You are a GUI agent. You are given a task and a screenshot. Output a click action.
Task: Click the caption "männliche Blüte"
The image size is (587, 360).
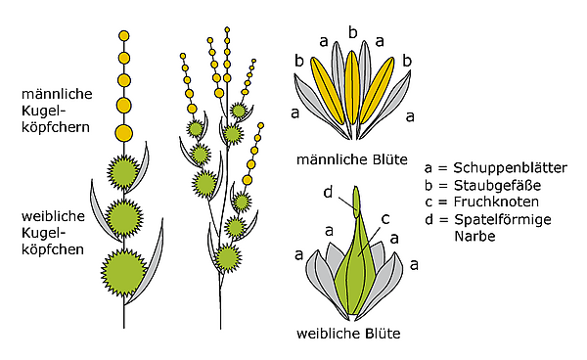pos(352,159)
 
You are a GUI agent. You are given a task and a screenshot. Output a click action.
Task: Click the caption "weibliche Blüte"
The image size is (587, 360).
pos(348,334)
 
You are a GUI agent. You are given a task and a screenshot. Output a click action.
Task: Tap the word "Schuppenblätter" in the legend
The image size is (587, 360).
pos(511,168)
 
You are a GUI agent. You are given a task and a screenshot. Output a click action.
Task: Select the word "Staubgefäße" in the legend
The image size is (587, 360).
pos(498,185)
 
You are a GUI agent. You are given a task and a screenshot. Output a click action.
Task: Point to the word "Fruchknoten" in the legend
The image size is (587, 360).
pos(496,202)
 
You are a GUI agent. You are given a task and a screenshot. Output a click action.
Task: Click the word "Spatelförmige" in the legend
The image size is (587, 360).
pos(503,219)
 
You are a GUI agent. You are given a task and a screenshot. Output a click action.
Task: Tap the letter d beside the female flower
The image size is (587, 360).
pos(328,192)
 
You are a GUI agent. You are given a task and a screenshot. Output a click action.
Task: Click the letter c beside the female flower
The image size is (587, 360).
pos(385,219)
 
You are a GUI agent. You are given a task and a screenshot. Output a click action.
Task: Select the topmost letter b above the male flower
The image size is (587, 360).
pos(352,32)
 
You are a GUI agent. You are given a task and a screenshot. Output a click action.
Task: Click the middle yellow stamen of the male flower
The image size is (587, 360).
pos(351,87)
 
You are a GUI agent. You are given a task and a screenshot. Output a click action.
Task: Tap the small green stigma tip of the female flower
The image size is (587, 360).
pos(356,202)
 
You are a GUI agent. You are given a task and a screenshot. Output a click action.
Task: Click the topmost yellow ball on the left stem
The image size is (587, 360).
pos(124,36)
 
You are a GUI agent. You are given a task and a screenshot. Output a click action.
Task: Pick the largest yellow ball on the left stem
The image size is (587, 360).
pos(124,133)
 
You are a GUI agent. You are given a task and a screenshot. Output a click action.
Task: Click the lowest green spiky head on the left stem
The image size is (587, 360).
pos(124,272)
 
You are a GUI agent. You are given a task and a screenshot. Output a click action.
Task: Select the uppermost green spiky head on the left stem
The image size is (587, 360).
pos(124,172)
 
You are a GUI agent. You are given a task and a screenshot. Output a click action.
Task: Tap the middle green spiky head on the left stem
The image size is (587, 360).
pos(124,218)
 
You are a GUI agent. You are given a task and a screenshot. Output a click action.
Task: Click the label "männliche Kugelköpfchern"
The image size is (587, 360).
pos(57,111)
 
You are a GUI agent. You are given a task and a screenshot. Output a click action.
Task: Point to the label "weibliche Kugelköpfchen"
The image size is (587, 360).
pos(53,233)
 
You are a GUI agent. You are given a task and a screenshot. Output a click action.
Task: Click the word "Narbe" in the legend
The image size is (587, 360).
pos(474,236)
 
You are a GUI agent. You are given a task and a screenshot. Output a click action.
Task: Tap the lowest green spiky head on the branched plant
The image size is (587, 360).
pos(227,258)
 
